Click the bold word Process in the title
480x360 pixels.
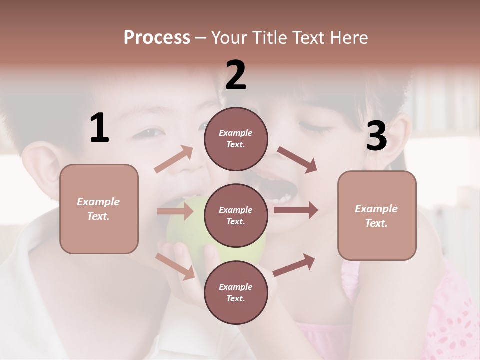[x=157, y=37]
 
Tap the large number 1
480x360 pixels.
[x=99, y=128]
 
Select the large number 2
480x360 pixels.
[x=236, y=75]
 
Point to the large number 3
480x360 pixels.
[x=376, y=136]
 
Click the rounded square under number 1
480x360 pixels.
[x=99, y=209]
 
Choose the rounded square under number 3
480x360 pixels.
[x=377, y=216]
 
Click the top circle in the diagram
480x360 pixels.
[x=236, y=139]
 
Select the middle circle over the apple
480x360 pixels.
[x=236, y=216]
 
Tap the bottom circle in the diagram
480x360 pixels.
[x=236, y=293]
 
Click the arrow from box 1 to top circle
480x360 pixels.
[x=174, y=159]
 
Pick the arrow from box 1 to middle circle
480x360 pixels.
[x=175, y=211]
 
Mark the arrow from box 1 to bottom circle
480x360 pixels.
[x=175, y=266]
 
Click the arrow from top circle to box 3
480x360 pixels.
[x=297, y=160]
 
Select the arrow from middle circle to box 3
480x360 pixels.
[x=296, y=210]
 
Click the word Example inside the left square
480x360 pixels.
[x=98, y=202]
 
